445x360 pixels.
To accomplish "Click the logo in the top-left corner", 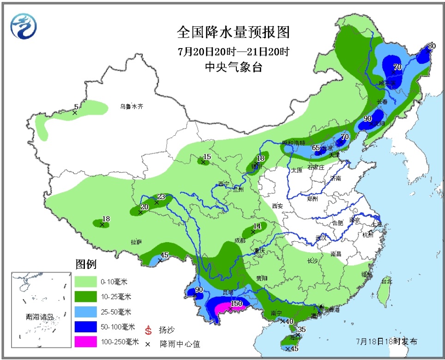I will point(22,26).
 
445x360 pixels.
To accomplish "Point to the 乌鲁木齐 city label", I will point(132,106).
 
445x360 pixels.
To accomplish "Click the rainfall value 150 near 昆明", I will point(236,304).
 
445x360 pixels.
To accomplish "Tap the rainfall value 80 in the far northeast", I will point(432,46).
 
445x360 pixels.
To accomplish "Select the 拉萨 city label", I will point(136,242).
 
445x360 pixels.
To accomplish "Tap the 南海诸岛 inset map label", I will point(40,317).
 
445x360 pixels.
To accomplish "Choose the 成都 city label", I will point(240,240).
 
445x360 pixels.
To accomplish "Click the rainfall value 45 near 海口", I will point(294,349).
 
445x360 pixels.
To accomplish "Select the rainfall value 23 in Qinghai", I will point(161,196).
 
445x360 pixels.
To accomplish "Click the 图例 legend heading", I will point(86,265).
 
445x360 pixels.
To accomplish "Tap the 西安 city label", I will point(278,207).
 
